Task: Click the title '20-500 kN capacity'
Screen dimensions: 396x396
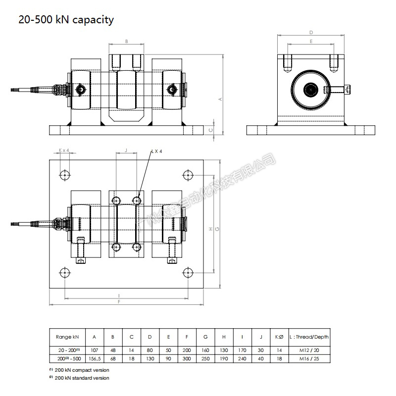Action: click(x=66, y=20)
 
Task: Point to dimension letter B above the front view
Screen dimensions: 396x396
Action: click(x=127, y=42)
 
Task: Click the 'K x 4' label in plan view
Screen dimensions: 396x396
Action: click(x=64, y=150)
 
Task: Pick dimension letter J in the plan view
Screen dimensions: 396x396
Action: click(x=126, y=149)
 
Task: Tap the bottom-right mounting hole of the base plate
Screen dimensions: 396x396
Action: click(x=188, y=273)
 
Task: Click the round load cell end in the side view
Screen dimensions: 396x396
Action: click(x=311, y=90)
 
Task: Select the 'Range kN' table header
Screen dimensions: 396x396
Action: click(x=67, y=337)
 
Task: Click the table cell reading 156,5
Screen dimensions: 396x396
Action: click(x=94, y=358)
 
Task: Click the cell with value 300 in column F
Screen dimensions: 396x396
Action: click(x=187, y=358)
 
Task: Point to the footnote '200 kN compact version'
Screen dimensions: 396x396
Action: click(x=82, y=370)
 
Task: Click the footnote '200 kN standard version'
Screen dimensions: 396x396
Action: click(x=82, y=378)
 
